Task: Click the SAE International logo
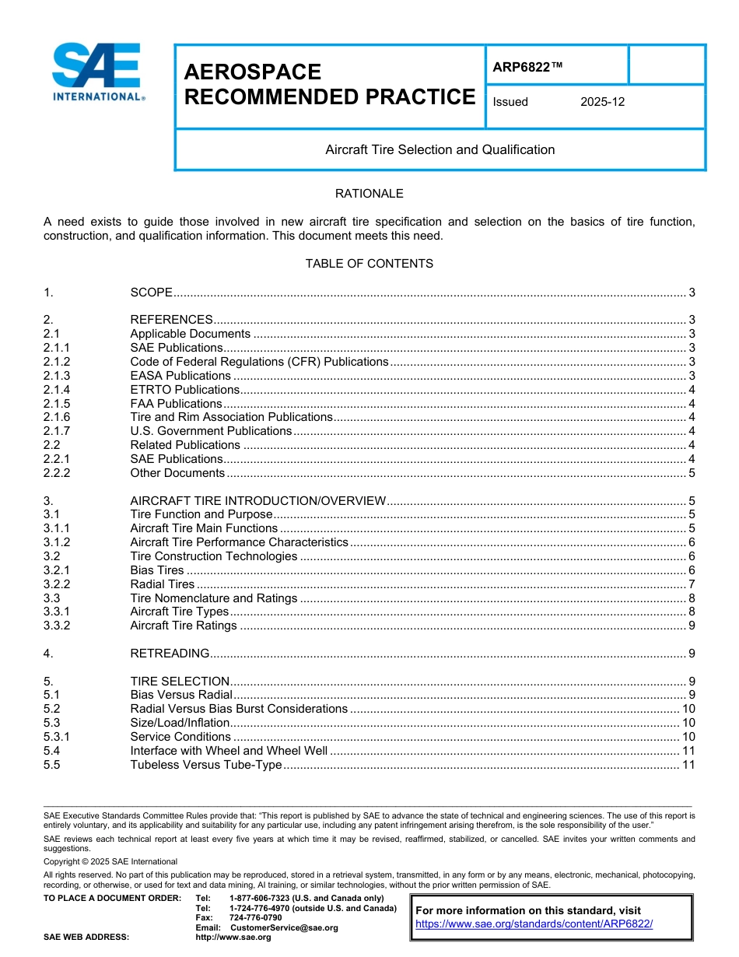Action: pyautogui.click(x=96, y=72)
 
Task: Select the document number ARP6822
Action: pyautogui.click(x=527, y=68)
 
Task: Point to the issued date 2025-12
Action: pyautogui.click(x=602, y=102)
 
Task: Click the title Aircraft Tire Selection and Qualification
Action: pyautogui.click(x=440, y=149)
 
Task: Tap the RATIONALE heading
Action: pyautogui.click(x=369, y=194)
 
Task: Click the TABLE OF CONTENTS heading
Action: pyautogui.click(x=369, y=264)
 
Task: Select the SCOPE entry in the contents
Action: pyautogui.click(x=151, y=293)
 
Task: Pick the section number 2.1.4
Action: pyautogui.click(x=57, y=390)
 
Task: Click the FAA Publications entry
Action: pyautogui.click(x=176, y=404)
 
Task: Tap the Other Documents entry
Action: pyautogui.click(x=177, y=473)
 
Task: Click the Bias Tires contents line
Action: pyautogui.click(x=156, y=570)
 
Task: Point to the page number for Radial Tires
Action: pyautogui.click(x=692, y=584)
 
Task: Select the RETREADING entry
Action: pyautogui.click(x=170, y=654)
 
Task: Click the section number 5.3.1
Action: pyautogui.click(x=57, y=737)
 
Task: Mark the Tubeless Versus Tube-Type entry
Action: pyautogui.click(x=205, y=765)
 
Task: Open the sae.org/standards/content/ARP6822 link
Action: pyautogui.click(x=534, y=924)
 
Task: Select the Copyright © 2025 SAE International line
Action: pyautogui.click(x=110, y=861)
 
